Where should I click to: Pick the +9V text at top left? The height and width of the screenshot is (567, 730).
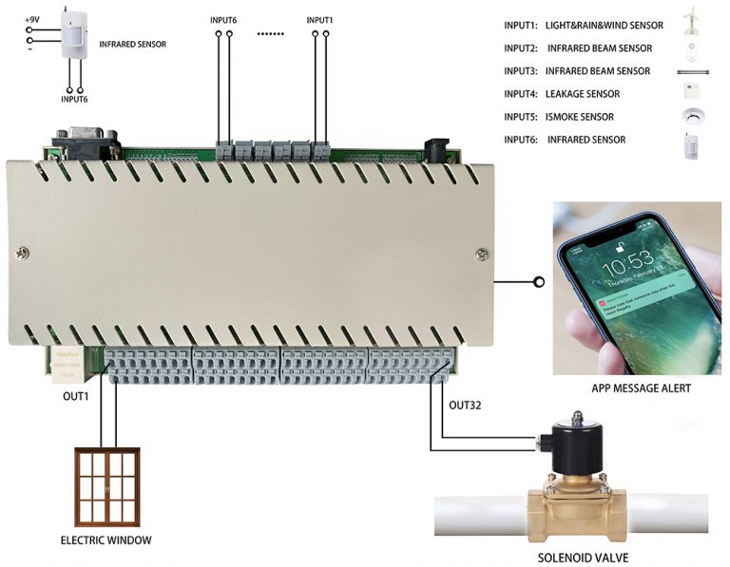tap(32, 18)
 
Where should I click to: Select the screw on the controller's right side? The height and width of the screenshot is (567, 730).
tap(483, 254)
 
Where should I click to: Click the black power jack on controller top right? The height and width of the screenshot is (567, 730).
tap(436, 150)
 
